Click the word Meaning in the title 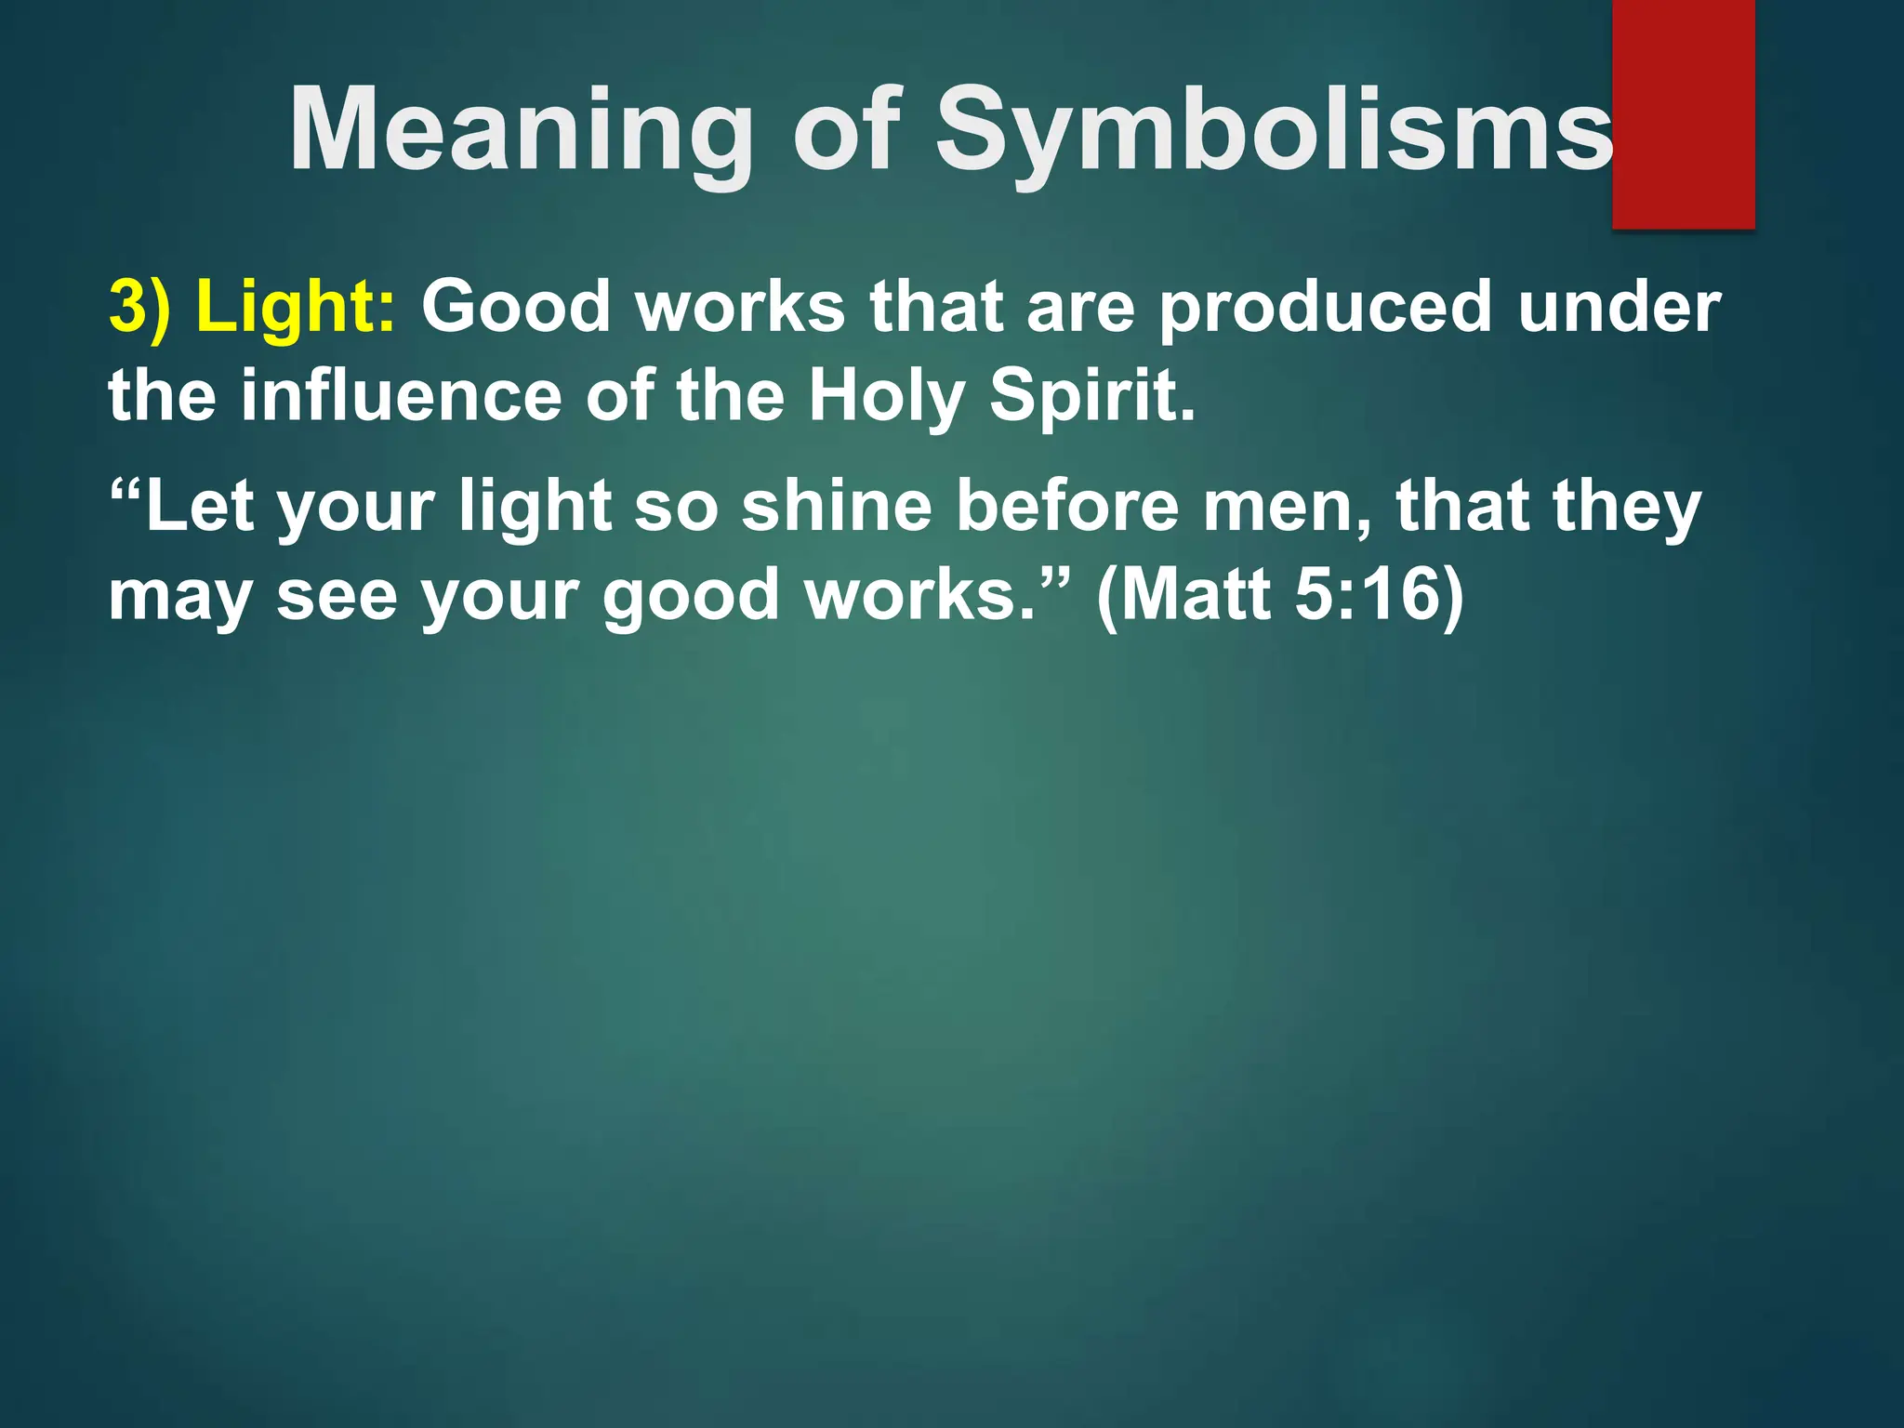click(521, 132)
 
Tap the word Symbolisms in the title click(1274, 132)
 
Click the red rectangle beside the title click(1683, 113)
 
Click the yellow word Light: click(297, 309)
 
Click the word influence click(401, 395)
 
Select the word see click(337, 596)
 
